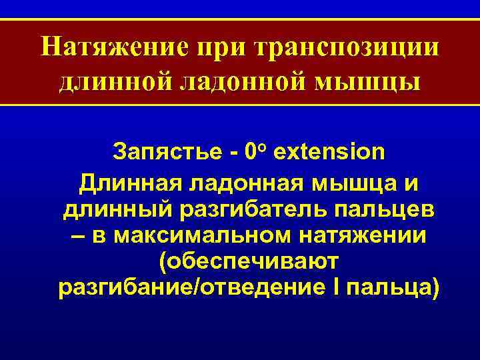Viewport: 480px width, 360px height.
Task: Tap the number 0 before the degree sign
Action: pyautogui.click(x=251, y=152)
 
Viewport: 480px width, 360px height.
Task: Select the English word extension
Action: pyautogui.click(x=329, y=152)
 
